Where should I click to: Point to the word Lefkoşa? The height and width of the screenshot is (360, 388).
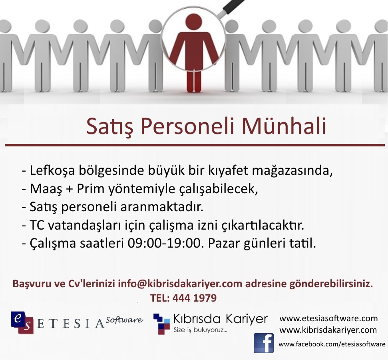[x=52, y=171]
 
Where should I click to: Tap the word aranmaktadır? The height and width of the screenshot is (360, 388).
[x=162, y=207]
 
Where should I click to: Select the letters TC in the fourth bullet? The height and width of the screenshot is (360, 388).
[x=37, y=225]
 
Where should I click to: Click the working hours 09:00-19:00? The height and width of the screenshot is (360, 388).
[x=164, y=243]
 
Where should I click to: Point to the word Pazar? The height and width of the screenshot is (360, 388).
[x=224, y=243]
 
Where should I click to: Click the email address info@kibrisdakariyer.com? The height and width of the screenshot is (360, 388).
[x=180, y=284]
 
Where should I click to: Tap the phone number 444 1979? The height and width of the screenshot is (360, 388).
[x=195, y=298]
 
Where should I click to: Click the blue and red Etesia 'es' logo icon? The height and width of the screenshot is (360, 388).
[x=22, y=322]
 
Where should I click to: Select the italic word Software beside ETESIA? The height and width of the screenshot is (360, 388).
[x=124, y=320]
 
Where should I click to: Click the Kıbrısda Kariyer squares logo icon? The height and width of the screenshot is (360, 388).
[x=162, y=324]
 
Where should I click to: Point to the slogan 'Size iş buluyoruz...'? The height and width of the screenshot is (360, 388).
[x=200, y=330]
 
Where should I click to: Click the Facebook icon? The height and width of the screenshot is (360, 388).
[x=264, y=343]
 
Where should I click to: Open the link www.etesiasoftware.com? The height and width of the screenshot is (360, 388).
[x=328, y=318]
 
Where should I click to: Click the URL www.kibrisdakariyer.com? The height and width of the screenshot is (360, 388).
[x=328, y=330]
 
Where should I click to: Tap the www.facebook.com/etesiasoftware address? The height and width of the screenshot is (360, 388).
[x=332, y=344]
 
